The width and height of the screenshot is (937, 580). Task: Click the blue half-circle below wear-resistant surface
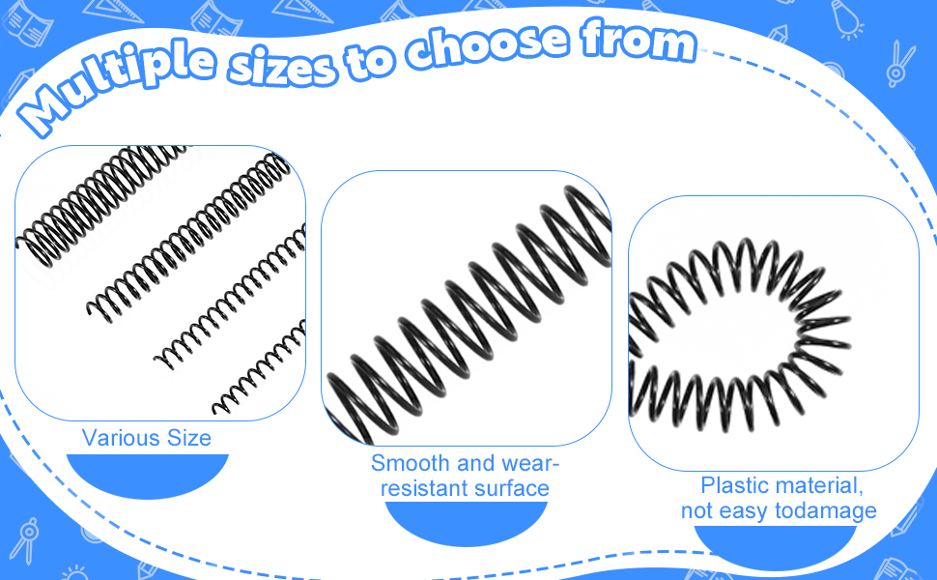coord(466,522)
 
